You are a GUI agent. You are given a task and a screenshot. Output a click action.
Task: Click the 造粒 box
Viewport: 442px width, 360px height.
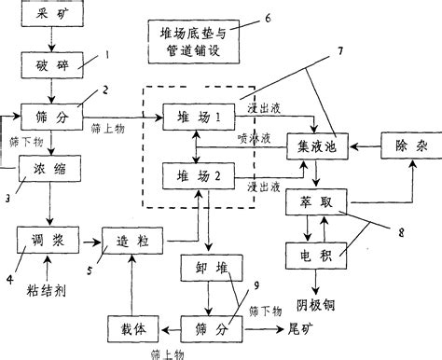[132, 241]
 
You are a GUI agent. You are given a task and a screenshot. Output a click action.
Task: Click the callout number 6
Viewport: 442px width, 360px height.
[268, 18]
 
